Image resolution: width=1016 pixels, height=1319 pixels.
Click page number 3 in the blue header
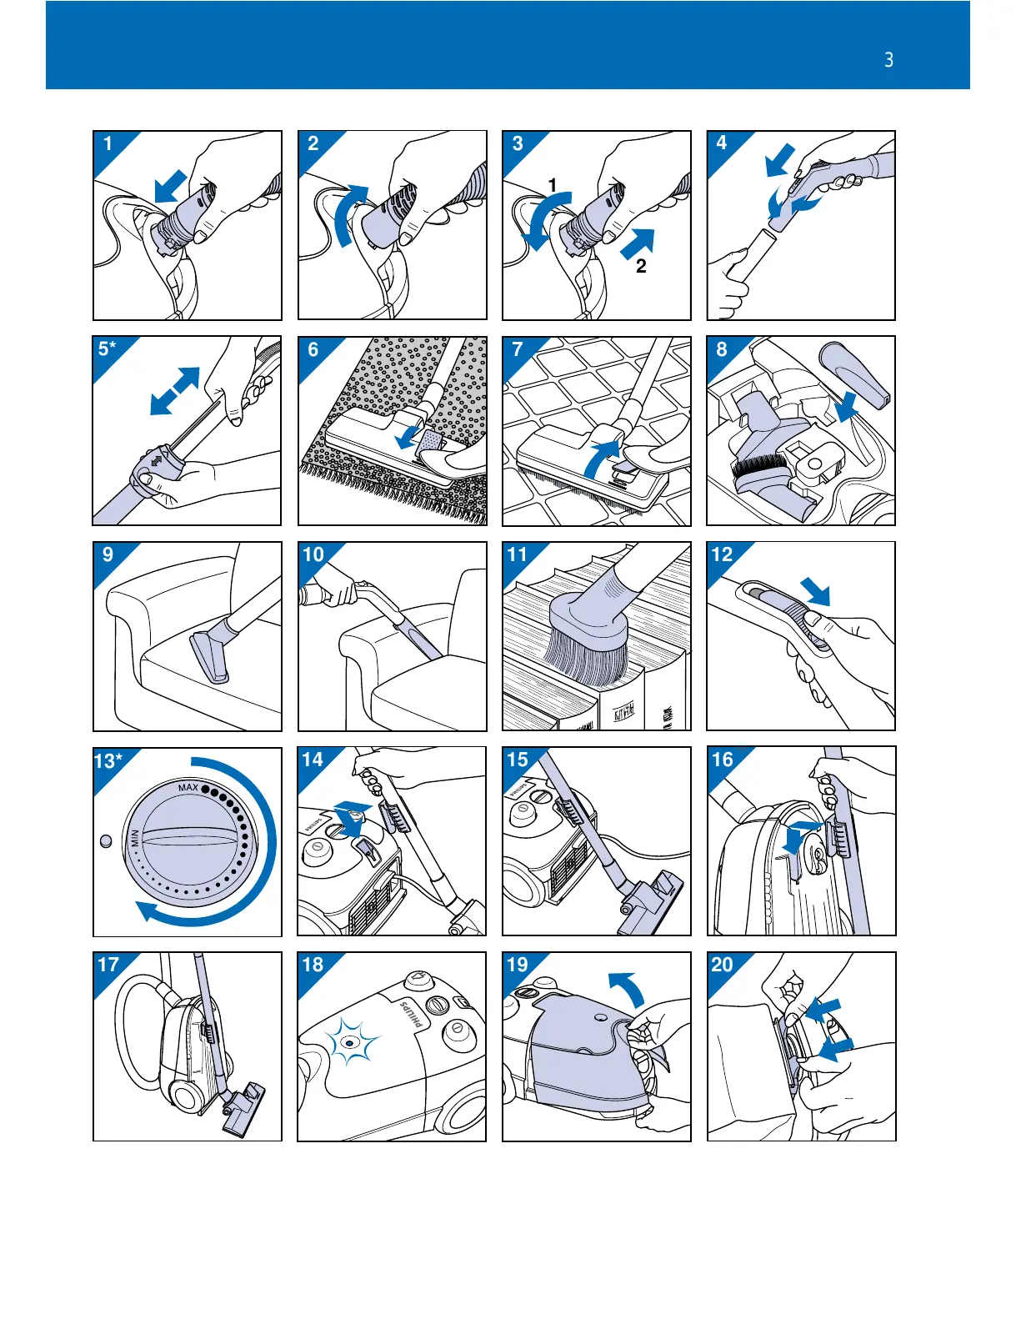click(888, 60)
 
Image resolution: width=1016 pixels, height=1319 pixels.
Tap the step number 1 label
click(108, 143)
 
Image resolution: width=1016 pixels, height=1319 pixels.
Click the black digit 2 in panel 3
click(641, 267)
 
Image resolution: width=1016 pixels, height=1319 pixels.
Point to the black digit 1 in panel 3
click(552, 184)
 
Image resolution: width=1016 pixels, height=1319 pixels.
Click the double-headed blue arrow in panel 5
click(175, 391)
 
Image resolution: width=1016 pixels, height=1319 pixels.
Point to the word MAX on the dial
click(188, 788)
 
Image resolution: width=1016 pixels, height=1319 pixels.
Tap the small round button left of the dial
click(105, 841)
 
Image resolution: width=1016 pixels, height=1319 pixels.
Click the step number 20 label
click(722, 965)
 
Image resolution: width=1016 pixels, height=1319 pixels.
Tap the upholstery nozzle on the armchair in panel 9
click(210, 658)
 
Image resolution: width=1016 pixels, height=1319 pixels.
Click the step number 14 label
click(313, 760)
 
